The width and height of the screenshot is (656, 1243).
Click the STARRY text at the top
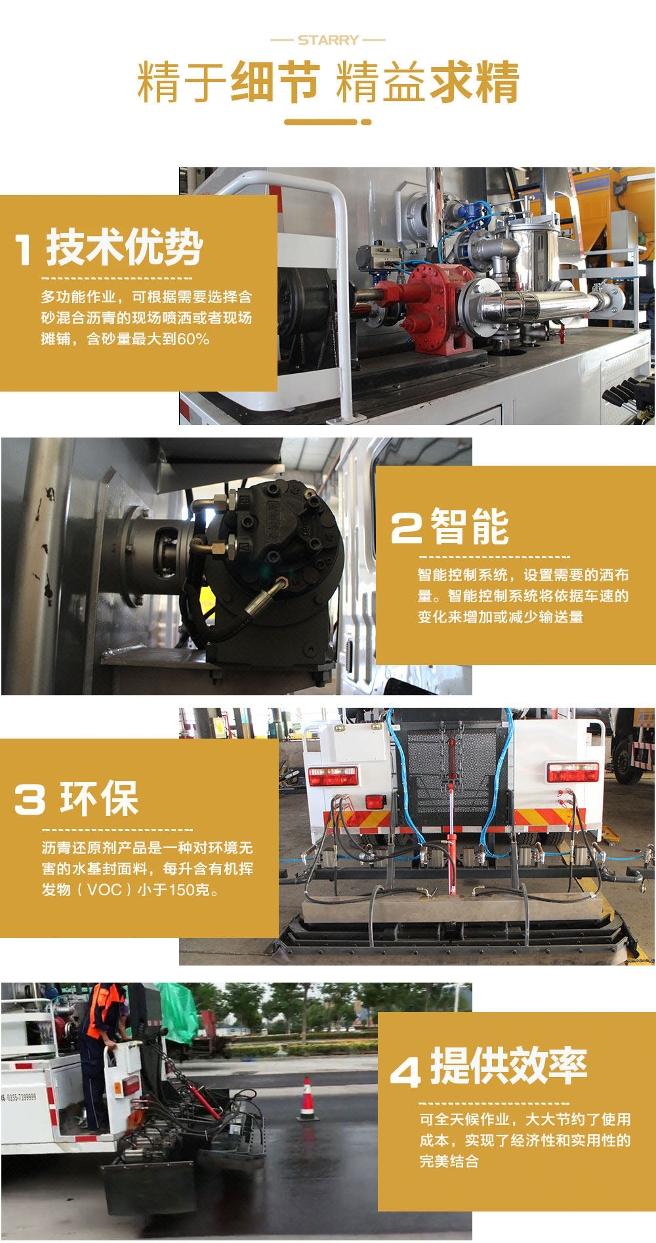[x=328, y=40]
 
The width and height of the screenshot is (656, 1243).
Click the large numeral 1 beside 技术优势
[x=24, y=250]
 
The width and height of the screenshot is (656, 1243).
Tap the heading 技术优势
[x=124, y=247]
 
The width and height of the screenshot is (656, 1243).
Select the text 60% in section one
[x=194, y=339]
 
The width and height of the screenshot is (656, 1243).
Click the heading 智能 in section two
[x=470, y=527]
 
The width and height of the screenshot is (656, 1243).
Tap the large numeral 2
[x=406, y=528]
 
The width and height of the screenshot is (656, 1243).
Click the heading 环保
[x=99, y=799]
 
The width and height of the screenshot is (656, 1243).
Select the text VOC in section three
[x=104, y=890]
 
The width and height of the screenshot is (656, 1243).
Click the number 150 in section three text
[x=182, y=890]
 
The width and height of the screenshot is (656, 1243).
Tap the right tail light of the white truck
[x=573, y=772]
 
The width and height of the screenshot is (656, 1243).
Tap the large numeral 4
[x=405, y=1072]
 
